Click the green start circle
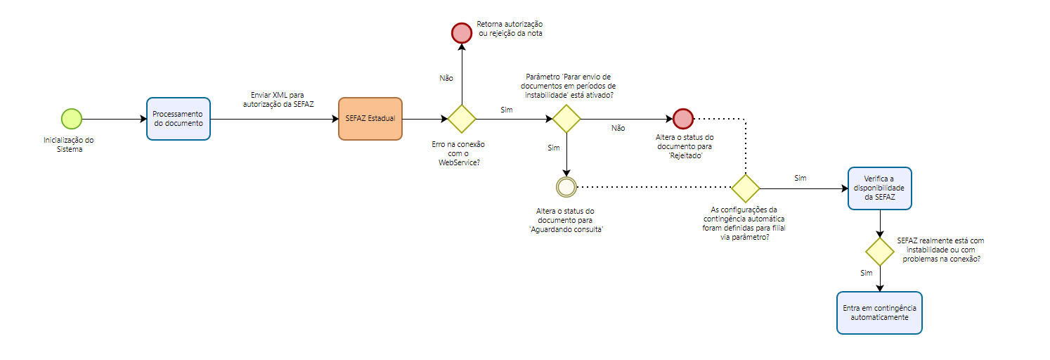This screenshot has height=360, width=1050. pos(72,119)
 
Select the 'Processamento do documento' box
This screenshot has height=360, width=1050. pos(179,119)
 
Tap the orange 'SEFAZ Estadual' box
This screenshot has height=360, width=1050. pos(370,119)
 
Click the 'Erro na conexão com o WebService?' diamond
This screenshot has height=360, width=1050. pos(462,119)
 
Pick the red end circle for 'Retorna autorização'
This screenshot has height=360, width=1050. pos(461,33)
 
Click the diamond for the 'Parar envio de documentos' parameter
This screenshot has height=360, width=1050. pos(566,119)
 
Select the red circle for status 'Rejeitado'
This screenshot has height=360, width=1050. pos(683,119)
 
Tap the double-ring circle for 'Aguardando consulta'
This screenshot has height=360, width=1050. pos(566,187)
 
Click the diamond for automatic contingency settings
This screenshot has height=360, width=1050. pos(745,188)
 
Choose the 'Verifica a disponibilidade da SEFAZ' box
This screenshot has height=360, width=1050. pos(879,188)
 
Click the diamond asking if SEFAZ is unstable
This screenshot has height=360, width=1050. pos(879,252)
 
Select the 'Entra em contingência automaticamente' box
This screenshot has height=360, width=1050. pos(879,312)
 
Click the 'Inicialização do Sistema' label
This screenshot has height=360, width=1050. pos(69,144)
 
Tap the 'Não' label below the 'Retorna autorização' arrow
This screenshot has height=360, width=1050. pos(446,79)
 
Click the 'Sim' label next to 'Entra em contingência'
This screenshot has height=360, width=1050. pos(866,272)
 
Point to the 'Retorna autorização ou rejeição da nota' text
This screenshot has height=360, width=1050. pos(510,29)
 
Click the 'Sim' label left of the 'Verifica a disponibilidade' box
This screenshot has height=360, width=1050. pos(800,178)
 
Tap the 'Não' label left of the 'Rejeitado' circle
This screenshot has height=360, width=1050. pos(618,129)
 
